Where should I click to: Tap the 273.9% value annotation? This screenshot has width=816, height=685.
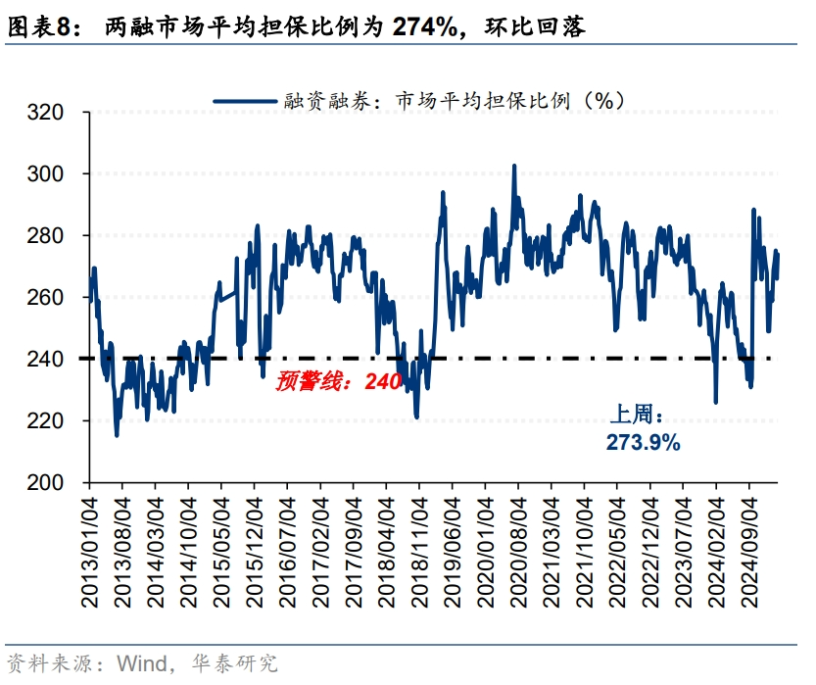(x=644, y=443)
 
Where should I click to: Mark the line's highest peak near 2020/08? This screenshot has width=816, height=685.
(x=514, y=167)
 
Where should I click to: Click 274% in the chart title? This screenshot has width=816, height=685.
(x=424, y=27)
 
